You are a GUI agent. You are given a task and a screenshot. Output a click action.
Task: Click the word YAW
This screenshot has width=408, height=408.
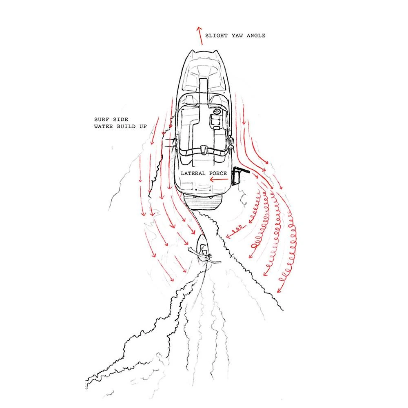[x=237, y=35]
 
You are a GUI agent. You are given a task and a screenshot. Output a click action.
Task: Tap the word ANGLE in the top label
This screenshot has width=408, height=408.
[x=256, y=35]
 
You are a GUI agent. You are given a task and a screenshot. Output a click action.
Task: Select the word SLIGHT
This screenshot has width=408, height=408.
[x=216, y=35]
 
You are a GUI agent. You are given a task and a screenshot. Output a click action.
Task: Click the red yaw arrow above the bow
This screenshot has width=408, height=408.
[x=200, y=35]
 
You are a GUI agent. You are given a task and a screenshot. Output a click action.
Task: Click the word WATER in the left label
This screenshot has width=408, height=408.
[x=104, y=126]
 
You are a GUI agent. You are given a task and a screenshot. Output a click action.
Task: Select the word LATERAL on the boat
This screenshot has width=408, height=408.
[x=193, y=173]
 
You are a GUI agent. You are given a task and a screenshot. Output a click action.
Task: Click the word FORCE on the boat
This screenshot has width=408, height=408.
[x=218, y=173]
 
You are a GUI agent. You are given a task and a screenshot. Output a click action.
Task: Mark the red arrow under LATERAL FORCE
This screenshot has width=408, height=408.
[x=219, y=179]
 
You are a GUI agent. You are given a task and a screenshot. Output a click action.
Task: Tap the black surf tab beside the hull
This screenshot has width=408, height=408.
[x=238, y=175]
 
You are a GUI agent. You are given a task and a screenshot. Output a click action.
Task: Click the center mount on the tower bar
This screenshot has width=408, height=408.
[x=204, y=150]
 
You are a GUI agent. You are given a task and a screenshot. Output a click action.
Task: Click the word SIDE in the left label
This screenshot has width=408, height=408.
[x=120, y=120]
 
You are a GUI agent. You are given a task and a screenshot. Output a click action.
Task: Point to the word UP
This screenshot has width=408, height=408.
[x=143, y=126]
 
